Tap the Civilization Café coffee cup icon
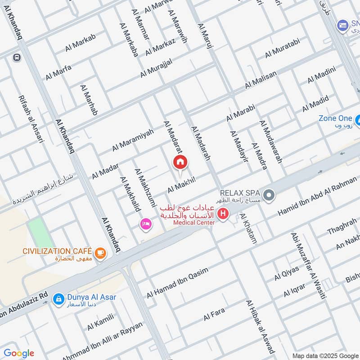tap(101, 253)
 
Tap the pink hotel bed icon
tap(145, 223)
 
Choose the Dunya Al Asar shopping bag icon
tap(58, 298)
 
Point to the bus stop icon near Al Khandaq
tap(17, 57)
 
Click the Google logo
tap(19, 353)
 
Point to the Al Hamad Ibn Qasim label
tap(178, 283)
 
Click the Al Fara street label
tap(214, 314)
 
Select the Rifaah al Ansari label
tap(31, 119)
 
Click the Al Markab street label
tap(81, 43)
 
